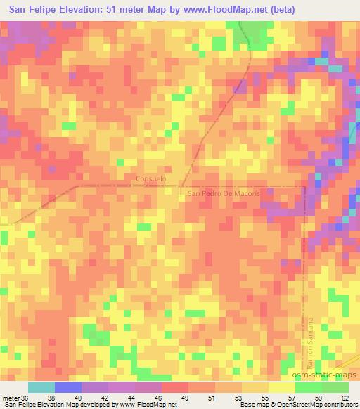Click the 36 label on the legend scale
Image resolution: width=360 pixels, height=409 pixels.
coord(25,397)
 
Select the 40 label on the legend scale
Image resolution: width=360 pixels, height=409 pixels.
coord(82,397)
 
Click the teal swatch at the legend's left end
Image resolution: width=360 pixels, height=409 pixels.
coord(41,387)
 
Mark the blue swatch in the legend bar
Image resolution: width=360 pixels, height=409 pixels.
coord(68,387)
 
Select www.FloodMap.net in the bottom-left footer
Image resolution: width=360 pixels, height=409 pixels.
coord(147,405)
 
